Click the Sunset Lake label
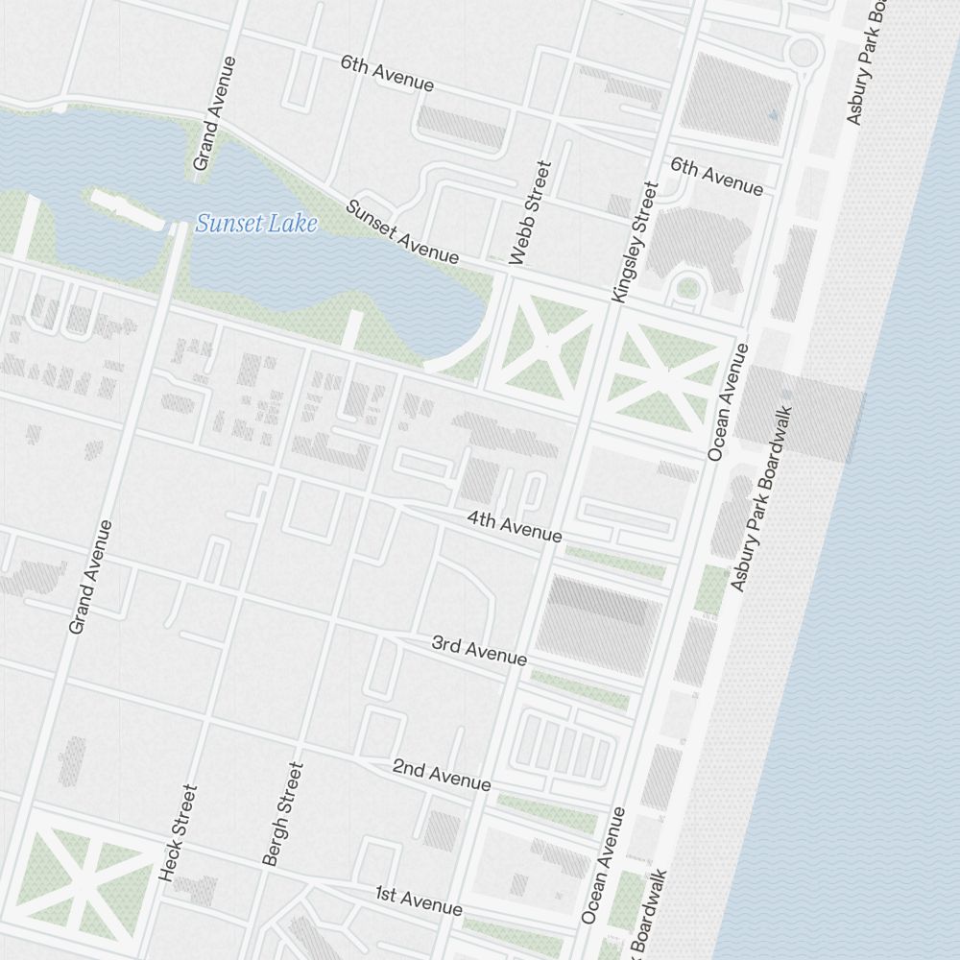click(256, 226)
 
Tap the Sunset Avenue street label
click(402, 231)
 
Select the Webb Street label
click(532, 213)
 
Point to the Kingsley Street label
click(633, 243)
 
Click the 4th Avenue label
click(514, 526)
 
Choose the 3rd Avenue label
click(479, 650)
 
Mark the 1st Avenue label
click(419, 900)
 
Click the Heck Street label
click(179, 833)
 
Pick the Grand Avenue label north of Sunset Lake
click(214, 113)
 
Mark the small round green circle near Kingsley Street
click(687, 287)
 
